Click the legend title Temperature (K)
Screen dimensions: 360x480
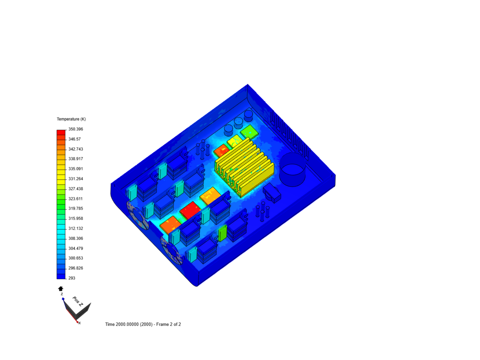tap(71, 119)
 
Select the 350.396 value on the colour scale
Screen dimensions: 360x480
tap(76, 129)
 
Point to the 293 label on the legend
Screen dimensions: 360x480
tap(72, 278)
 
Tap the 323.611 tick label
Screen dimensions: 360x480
tap(76, 199)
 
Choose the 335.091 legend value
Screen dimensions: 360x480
tap(76, 169)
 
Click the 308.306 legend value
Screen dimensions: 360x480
tap(76, 238)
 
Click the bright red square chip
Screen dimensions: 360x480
tap(190, 210)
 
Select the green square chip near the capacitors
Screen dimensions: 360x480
tap(249, 132)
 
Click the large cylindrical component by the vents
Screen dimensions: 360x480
tap(292, 170)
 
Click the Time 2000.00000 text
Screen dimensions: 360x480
tap(128, 324)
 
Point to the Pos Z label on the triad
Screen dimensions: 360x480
tap(77, 301)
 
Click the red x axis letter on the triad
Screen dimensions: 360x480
tap(80, 323)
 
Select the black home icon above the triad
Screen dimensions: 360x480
tap(61, 289)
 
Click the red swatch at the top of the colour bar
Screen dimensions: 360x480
tap(61, 132)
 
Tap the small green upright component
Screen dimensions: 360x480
tap(222, 233)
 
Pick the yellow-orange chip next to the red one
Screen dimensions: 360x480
tap(210, 196)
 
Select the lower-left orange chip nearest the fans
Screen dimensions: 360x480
tap(170, 224)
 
